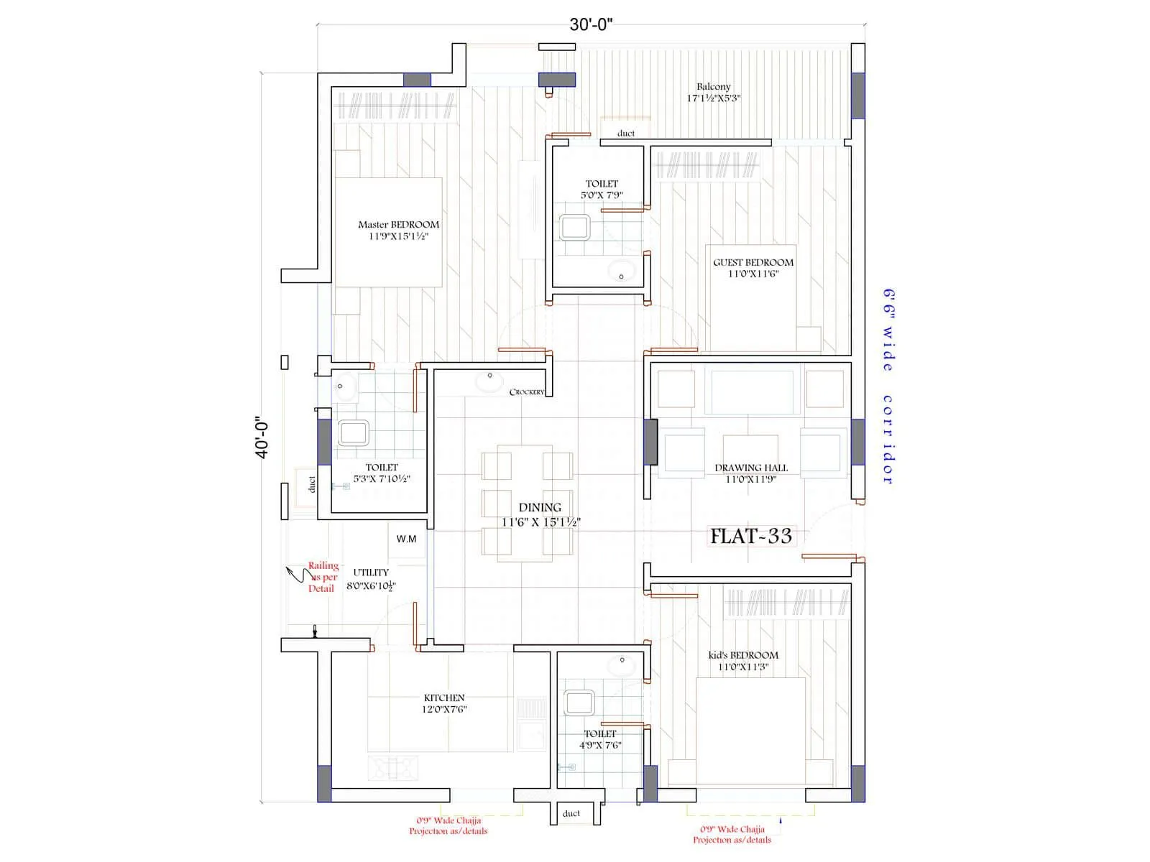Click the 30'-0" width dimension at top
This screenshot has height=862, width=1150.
tap(590, 25)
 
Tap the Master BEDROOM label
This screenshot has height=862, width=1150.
tap(398, 225)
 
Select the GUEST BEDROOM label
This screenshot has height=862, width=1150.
tap(753, 263)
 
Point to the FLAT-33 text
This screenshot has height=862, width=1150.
tap(751, 536)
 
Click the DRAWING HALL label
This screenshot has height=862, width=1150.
tap(751, 468)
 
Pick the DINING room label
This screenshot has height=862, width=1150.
tap(540, 508)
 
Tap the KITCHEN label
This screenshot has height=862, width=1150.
tap(444, 698)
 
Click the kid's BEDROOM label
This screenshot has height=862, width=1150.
tap(743, 656)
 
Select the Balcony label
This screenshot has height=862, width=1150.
tap(713, 87)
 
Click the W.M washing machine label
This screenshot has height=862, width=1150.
tap(406, 539)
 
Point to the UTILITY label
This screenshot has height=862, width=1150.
tap(371, 573)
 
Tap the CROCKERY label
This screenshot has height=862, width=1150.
tap(527, 392)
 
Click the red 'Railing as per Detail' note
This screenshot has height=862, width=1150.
tap(323, 578)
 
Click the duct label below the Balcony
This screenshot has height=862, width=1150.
tap(626, 134)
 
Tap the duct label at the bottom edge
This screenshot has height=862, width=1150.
tap(571, 813)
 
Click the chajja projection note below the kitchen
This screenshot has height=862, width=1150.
tap(448, 826)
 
